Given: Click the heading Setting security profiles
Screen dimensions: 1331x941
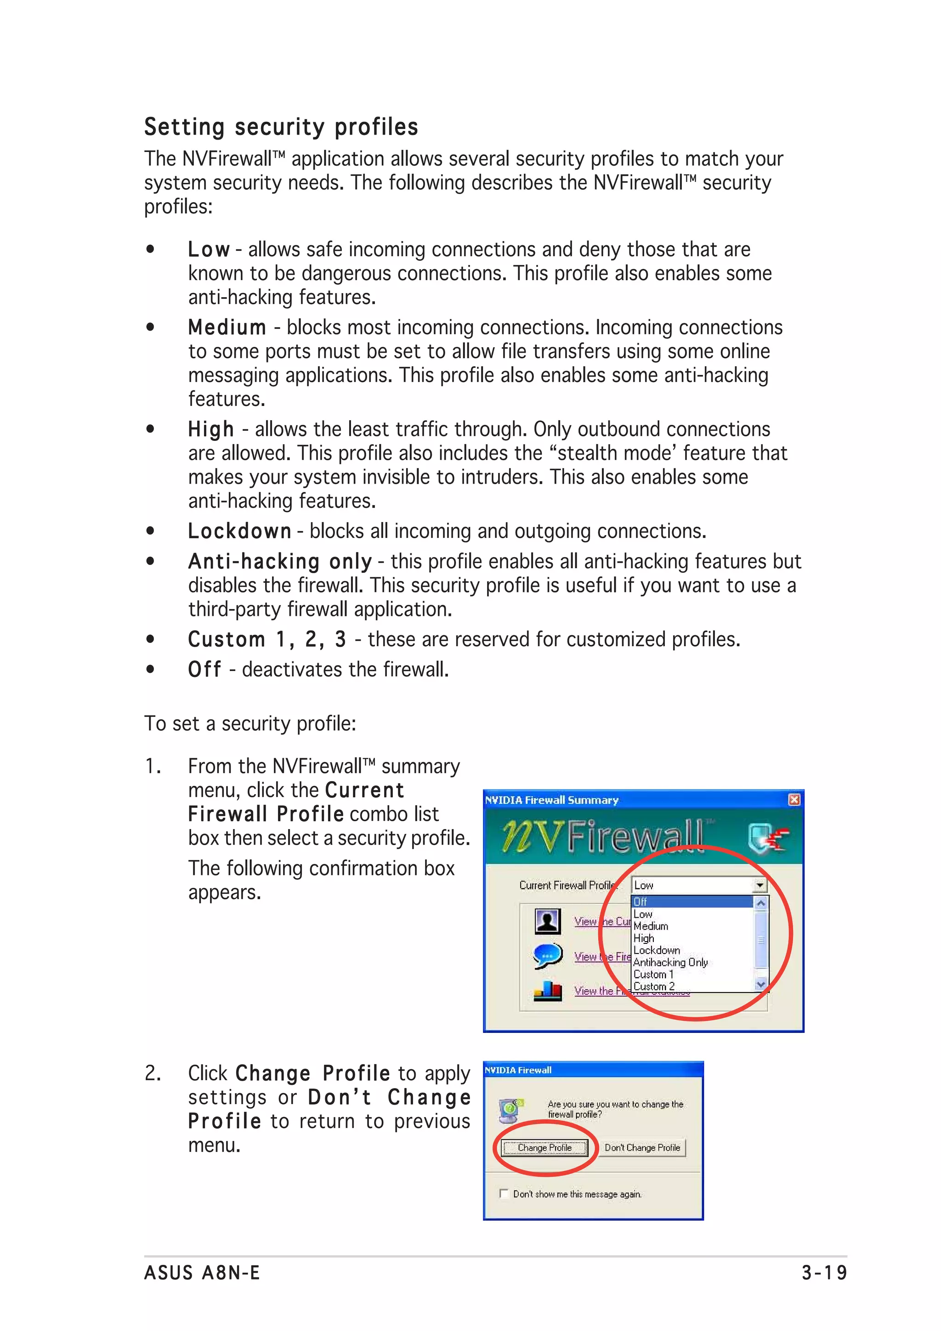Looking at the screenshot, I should tap(281, 127).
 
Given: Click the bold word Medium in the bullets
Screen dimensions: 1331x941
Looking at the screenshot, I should tap(227, 327).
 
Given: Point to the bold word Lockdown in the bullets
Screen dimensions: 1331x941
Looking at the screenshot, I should tap(239, 531).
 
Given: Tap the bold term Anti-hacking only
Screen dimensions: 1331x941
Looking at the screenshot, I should tap(279, 561).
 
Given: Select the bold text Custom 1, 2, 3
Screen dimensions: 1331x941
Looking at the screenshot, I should tap(266, 639).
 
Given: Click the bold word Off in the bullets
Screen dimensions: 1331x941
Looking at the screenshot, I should tap(204, 670).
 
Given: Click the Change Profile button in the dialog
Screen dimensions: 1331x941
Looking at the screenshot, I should tap(544, 1148).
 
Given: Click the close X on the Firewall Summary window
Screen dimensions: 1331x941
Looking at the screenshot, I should tap(794, 800).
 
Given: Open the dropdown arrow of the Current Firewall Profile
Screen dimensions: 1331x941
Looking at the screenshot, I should tap(760, 885).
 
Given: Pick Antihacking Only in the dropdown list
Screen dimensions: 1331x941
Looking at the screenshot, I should tap(670, 962).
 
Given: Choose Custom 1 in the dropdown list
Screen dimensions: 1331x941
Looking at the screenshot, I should tap(653, 975).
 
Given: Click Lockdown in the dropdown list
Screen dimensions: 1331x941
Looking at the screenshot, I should tap(656, 950).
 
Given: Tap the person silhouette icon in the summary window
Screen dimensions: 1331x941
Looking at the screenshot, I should tap(547, 921).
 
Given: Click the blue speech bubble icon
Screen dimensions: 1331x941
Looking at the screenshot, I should tap(547, 956).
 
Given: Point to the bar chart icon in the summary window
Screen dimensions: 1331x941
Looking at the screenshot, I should tap(547, 991).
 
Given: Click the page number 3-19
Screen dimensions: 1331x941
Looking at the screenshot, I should tap(823, 1273).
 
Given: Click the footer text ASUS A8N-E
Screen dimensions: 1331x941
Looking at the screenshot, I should tap(202, 1273).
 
